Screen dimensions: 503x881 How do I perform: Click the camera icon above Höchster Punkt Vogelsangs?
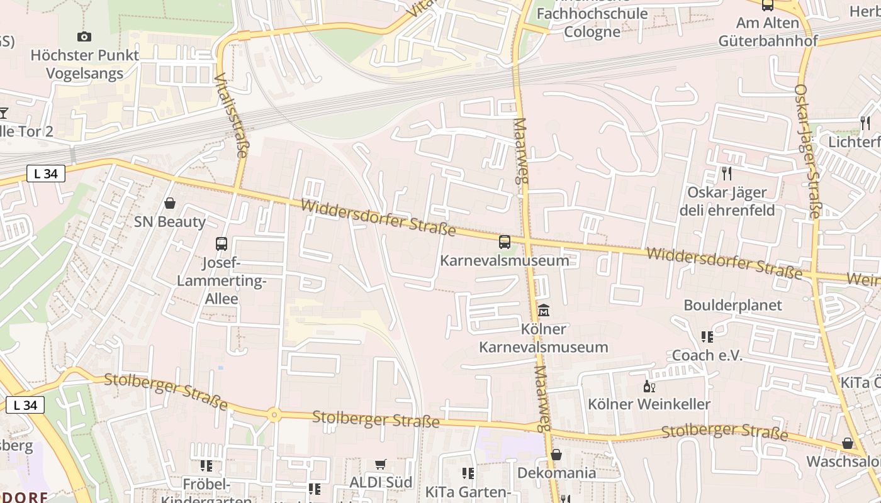84,37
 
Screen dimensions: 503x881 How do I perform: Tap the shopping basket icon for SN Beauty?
169,203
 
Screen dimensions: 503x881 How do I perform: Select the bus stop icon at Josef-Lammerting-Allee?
222,244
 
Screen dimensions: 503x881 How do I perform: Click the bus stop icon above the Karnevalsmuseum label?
505,241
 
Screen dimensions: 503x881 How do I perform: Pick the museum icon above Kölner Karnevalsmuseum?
544,310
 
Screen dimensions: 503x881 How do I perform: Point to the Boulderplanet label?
733,306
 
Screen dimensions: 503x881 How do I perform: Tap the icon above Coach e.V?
707,337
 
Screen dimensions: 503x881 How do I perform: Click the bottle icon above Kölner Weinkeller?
649,386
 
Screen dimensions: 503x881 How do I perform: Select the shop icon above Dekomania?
556,455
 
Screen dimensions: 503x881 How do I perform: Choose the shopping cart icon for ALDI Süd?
381,464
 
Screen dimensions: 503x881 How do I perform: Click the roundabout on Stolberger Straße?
274,414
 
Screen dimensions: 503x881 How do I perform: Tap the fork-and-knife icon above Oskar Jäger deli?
727,173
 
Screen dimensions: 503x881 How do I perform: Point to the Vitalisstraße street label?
231,115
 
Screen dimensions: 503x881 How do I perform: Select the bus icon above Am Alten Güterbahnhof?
768,5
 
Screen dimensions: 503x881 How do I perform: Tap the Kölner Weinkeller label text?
649,404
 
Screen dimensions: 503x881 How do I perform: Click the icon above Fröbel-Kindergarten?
206,466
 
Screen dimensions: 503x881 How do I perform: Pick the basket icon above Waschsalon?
848,443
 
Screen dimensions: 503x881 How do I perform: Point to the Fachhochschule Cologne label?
592,23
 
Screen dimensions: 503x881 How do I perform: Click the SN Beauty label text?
170,222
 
